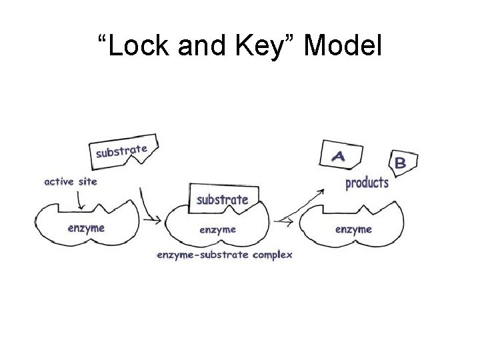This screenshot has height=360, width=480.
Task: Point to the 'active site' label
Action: [x=70, y=181]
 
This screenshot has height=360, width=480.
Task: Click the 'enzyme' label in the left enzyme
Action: [x=87, y=228]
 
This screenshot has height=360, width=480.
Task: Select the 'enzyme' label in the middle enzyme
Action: [x=217, y=229]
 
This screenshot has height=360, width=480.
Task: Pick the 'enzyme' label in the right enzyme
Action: [x=353, y=229]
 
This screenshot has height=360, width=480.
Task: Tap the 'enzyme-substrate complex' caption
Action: [x=224, y=255]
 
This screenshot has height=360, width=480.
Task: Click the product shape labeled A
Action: [x=339, y=156]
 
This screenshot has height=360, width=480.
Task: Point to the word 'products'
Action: [x=367, y=183]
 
